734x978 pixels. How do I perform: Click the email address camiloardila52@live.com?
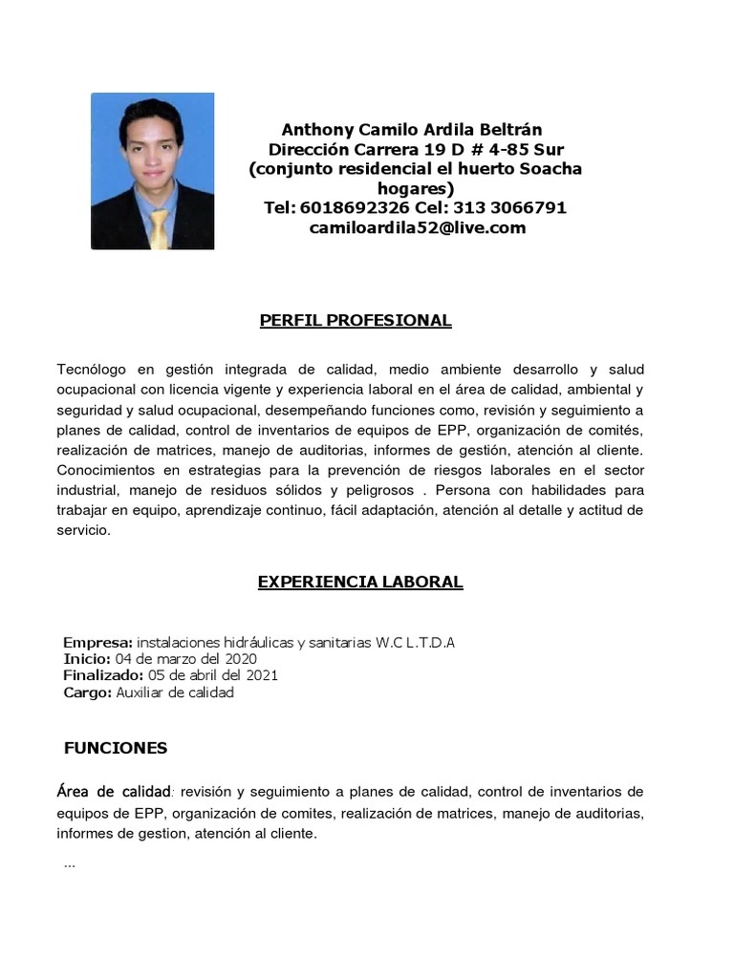tap(417, 228)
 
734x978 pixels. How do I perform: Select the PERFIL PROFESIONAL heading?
tap(356, 321)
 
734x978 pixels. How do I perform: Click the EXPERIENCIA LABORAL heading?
tap(360, 582)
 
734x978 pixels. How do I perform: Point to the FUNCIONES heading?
tap(116, 749)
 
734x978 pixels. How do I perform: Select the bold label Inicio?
tap(88, 659)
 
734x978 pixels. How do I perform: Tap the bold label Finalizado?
tap(103, 676)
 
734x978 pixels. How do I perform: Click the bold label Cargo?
tap(88, 693)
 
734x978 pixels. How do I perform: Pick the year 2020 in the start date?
tap(240, 659)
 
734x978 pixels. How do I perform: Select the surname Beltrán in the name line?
tap(509, 130)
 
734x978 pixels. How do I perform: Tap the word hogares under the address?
tap(416, 188)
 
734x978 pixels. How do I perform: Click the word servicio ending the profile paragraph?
tap(83, 530)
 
